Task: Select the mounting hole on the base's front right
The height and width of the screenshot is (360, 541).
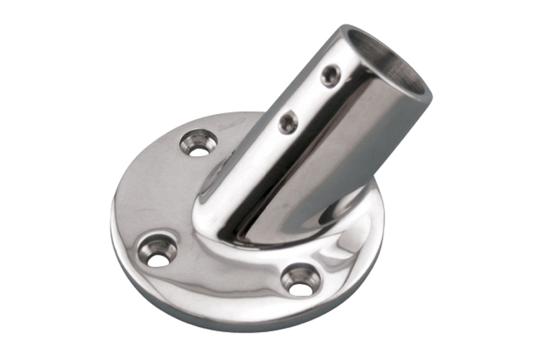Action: click(x=300, y=278)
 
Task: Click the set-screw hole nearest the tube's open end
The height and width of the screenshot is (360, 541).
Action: click(x=331, y=75)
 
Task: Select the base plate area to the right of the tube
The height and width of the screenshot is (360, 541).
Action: click(x=353, y=216)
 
